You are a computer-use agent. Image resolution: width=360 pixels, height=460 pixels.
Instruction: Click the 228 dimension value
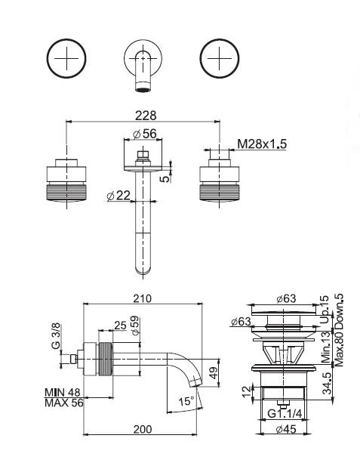click(146, 116)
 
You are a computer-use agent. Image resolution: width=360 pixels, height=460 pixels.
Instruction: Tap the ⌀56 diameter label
click(145, 134)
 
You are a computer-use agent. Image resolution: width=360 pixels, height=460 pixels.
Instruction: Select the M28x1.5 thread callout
click(262, 144)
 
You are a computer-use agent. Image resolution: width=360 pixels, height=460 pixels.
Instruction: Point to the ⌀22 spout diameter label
click(118, 196)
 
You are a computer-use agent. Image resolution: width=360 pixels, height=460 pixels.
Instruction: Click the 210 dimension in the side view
click(143, 298)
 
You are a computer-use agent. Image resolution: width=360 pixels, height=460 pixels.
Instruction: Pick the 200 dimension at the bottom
click(143, 429)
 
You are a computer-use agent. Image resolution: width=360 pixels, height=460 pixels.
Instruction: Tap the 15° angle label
click(186, 401)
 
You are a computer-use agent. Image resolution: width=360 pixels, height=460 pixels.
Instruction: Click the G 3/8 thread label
click(56, 336)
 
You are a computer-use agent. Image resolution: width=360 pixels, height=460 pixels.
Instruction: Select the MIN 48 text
click(62, 393)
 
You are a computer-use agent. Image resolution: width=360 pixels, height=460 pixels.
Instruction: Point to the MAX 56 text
click(64, 403)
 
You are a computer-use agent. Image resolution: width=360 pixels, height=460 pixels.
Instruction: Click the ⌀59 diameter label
click(135, 326)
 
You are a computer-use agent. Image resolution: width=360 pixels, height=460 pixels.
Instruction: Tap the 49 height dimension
click(214, 372)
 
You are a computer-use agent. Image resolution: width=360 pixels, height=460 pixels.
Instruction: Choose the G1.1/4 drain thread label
click(285, 414)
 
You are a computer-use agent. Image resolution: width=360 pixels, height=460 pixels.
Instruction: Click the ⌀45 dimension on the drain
click(286, 429)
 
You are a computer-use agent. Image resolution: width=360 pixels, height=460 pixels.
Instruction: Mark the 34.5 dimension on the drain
click(328, 384)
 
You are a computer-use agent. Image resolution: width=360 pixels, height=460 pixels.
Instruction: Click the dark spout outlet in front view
click(143, 90)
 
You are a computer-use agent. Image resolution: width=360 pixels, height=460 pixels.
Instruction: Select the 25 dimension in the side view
click(120, 326)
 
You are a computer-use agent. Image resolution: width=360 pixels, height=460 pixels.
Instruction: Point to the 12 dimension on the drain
click(247, 391)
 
